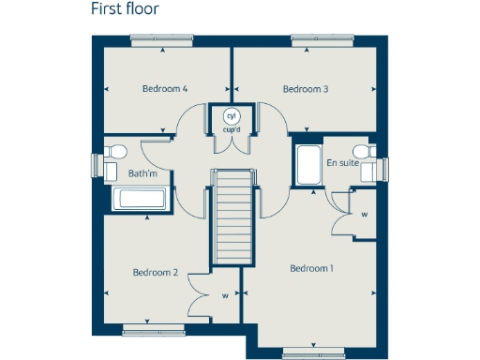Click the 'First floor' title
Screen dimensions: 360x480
pos(125,10)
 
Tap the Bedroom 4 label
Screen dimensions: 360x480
pos(165,89)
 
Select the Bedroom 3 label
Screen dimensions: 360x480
pos(306,89)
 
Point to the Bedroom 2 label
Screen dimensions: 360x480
pos(155,273)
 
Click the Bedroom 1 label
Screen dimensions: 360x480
pos(311,269)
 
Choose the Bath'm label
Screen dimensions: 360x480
pos(142,173)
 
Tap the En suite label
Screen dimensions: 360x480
pos(342,163)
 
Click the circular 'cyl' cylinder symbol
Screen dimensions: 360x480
pos(231,115)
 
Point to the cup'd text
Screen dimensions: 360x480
pos(231,128)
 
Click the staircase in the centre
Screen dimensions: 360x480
pos(232,215)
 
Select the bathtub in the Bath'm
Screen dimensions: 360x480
pos(140,199)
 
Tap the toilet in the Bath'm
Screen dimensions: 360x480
pos(116,151)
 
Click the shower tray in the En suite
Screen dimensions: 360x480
pos(307,164)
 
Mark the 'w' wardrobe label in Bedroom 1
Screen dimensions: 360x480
pos(363,213)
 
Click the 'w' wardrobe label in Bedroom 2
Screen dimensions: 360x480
pos(225,296)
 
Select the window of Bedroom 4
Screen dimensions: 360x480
pos(163,39)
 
